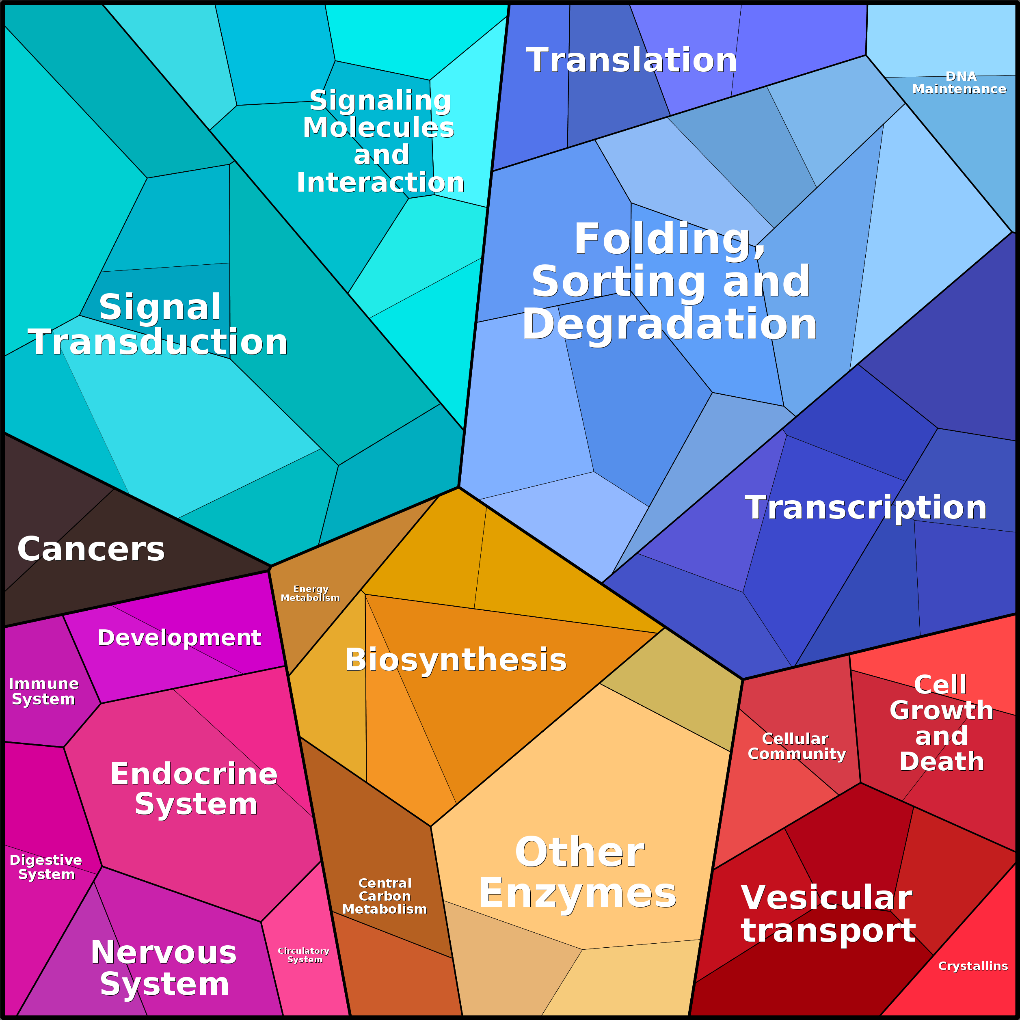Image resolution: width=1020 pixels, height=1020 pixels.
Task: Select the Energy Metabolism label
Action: pos(311,593)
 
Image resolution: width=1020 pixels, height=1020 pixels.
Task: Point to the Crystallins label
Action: pos(973,966)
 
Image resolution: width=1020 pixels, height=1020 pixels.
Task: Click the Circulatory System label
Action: pos(304,955)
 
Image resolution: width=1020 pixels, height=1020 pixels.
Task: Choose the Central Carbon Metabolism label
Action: pos(385,896)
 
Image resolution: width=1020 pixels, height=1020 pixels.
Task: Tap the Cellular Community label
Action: pos(797,746)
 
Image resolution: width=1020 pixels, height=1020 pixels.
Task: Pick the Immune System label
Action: pos(44,692)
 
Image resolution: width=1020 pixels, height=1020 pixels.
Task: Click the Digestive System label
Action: pos(46,867)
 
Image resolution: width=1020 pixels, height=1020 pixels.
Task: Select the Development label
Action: pos(179,638)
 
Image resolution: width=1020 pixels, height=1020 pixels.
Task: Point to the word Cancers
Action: pos(91,549)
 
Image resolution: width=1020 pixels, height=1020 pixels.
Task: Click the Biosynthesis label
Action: pos(456,660)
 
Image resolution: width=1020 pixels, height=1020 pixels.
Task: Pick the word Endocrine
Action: pos(194,774)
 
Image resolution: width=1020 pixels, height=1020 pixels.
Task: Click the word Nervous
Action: pos(164,953)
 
